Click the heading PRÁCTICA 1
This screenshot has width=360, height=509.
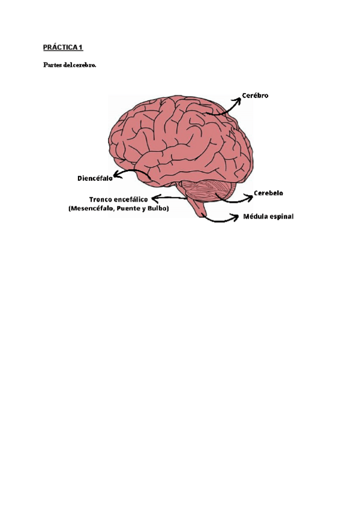click(62, 46)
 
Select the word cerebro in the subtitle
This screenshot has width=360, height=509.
click(85, 65)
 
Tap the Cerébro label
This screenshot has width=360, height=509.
click(255, 95)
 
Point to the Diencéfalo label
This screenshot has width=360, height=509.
click(95, 178)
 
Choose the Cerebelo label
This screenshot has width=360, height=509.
click(268, 193)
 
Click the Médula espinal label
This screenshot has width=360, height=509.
click(268, 217)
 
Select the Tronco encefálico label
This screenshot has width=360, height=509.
click(119, 199)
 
